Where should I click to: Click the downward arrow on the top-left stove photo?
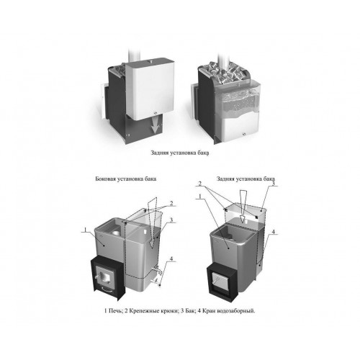coord(156,127)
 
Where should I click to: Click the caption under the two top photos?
coord(180,153)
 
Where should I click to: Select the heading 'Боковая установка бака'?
coord(126,179)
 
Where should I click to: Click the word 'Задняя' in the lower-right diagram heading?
coord(225,179)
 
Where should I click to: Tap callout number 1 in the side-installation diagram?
coord(84,230)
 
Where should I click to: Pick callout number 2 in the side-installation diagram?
coord(171,204)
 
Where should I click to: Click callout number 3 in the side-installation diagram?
coord(171,220)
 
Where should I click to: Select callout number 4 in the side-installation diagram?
coord(171,258)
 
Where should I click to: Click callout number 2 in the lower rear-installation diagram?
coord(200,184)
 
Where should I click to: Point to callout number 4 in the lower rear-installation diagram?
coord(273,232)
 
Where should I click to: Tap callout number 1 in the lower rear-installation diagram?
coord(200,197)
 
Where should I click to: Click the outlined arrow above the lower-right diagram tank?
coord(243,207)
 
